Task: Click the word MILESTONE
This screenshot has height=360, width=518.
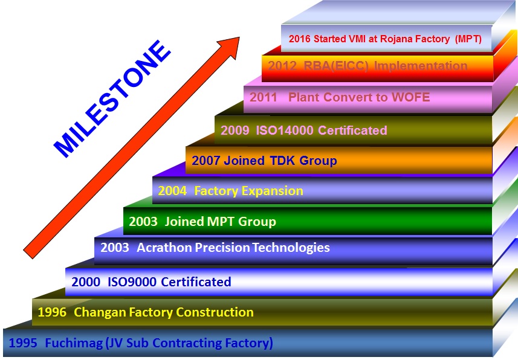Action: (x=112, y=98)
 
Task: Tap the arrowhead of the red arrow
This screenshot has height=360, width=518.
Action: (x=231, y=45)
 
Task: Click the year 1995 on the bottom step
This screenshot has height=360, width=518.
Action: (x=23, y=343)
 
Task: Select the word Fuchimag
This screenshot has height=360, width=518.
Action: (x=74, y=344)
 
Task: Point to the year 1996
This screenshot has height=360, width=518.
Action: (x=52, y=312)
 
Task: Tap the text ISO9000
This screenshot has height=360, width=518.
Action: (x=132, y=281)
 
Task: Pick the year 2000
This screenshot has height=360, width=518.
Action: (x=86, y=281)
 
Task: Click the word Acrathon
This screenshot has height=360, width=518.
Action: (x=164, y=248)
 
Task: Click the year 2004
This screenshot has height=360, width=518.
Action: (x=172, y=191)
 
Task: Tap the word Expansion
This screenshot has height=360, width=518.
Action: (x=272, y=191)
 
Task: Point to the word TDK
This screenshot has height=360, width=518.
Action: (x=282, y=161)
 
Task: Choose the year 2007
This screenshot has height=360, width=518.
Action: (x=206, y=161)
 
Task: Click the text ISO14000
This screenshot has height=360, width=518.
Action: (x=285, y=130)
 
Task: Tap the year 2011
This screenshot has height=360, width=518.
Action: (x=264, y=97)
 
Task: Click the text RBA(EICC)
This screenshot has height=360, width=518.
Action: (x=336, y=66)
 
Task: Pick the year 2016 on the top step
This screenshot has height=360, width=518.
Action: (x=300, y=39)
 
